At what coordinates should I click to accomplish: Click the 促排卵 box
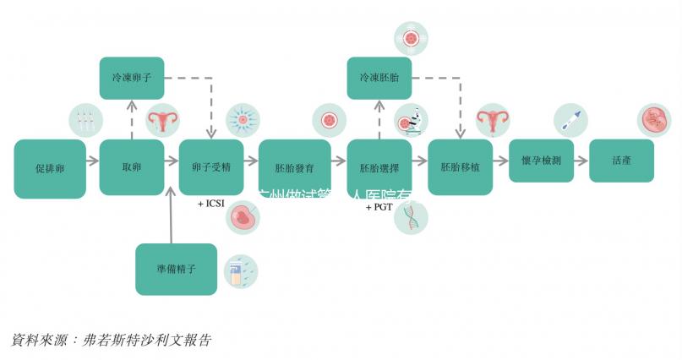click(50, 169)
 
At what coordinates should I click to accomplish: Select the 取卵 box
click(131, 167)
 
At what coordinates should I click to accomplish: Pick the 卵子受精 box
click(212, 167)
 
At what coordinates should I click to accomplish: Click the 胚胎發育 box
click(294, 167)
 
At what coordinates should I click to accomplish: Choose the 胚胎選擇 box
click(379, 167)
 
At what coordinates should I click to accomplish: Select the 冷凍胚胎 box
click(379, 78)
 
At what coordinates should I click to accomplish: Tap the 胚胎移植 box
click(461, 167)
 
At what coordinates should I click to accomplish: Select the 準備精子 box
click(177, 269)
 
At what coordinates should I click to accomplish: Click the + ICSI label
click(211, 204)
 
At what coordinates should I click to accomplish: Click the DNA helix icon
click(412, 218)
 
